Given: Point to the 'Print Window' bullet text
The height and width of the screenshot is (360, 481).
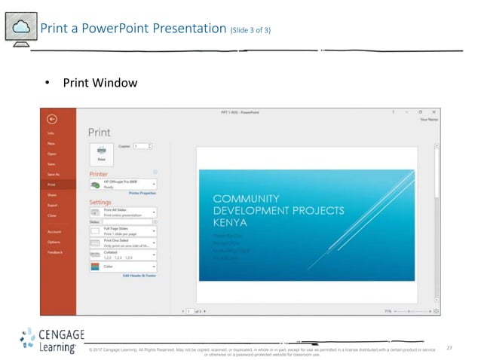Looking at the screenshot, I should tap(100, 82).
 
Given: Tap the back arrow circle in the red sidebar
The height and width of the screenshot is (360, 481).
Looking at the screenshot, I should tap(51, 118).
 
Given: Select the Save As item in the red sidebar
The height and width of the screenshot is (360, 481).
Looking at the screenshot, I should tap(53, 174).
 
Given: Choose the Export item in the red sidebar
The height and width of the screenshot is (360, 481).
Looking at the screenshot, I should tap(52, 205).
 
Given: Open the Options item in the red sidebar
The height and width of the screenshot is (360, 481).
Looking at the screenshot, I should tap(54, 242).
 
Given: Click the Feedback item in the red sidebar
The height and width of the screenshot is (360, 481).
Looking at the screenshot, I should tap(54, 252).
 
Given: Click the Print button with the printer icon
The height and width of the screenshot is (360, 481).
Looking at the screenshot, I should tap(101, 153).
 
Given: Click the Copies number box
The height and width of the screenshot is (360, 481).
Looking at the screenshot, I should tap(141, 145).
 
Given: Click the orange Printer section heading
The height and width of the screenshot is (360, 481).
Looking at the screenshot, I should tap(99, 173).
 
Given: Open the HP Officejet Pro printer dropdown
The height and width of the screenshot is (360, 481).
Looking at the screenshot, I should tap(123, 184).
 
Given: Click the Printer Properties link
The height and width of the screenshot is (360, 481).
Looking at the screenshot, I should tap(142, 194).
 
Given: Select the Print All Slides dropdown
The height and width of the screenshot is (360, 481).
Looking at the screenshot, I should tap(123, 212).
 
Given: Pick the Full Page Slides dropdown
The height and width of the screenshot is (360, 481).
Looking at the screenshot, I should tap(123, 231).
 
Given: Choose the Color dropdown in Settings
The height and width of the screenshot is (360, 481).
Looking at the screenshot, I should tap(123, 267).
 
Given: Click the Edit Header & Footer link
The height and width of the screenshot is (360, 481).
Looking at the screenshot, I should tap(139, 276).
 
